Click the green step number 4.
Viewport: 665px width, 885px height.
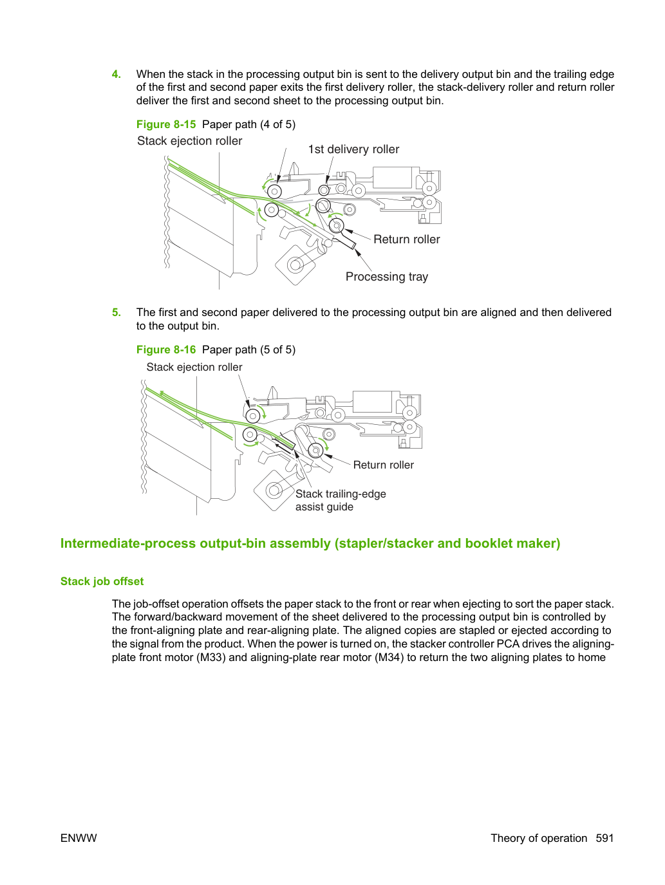[116, 74]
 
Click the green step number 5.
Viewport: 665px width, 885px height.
[116, 312]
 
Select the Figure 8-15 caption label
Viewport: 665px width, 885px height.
[165, 124]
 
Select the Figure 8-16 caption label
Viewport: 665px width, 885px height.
[165, 349]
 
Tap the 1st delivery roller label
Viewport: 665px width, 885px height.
[353, 149]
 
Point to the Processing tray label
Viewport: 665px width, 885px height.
[387, 277]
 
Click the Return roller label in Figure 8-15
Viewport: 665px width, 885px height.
[406, 239]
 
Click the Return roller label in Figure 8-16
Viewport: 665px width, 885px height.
[383, 465]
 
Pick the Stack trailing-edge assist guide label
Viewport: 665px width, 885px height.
[341, 500]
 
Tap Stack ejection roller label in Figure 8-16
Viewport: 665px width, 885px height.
[194, 367]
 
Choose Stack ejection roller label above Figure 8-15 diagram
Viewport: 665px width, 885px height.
[189, 141]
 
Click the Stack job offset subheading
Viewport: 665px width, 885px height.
[102, 581]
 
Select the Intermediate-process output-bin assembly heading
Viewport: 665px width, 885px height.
[310, 543]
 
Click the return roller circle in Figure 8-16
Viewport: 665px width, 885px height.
[316, 450]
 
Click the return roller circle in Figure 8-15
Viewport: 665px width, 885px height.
[336, 225]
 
